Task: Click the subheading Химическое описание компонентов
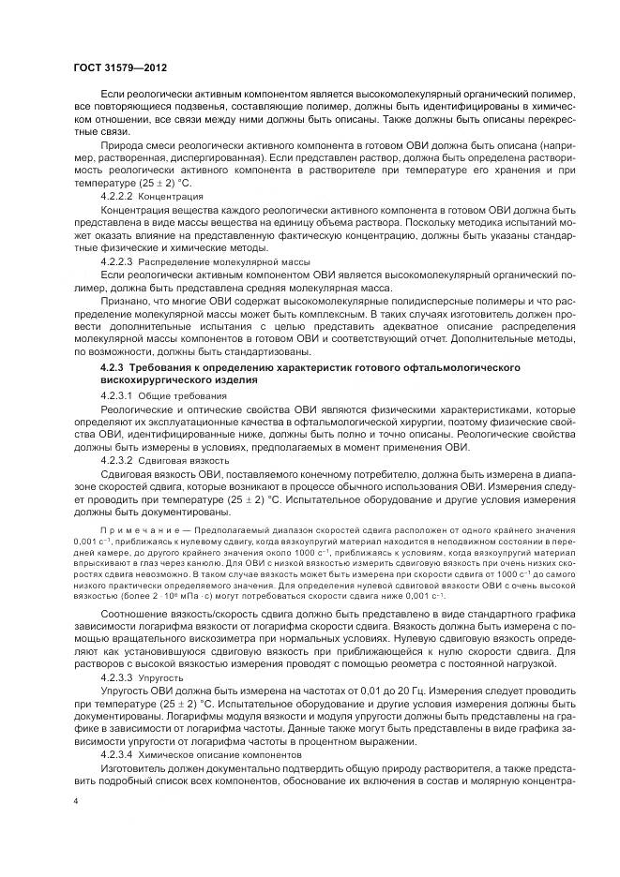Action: pyautogui.click(x=220, y=752)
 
